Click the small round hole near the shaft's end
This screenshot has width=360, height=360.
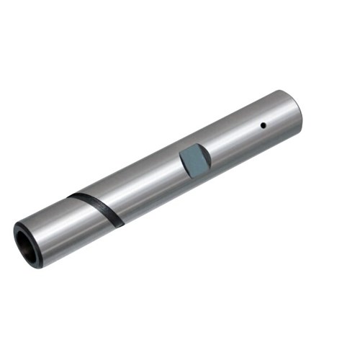264,125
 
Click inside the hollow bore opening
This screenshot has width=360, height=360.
26,246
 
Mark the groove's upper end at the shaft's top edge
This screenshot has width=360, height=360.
70,196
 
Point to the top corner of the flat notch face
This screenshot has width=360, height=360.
189,145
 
